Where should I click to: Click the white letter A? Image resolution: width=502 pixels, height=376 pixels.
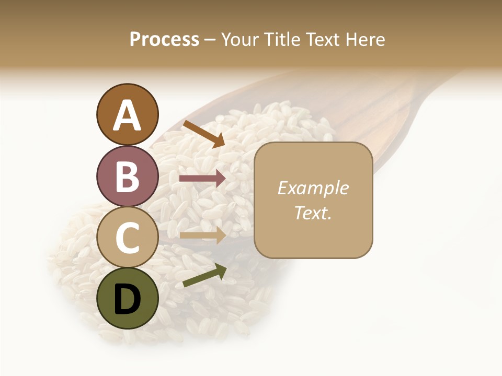point(128,116)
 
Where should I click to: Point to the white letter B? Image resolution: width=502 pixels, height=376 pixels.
point(128,177)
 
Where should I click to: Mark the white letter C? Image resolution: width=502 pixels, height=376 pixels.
point(128,238)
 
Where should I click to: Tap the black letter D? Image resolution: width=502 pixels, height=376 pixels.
point(128,299)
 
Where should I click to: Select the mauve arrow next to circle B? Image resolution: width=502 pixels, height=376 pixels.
point(202,179)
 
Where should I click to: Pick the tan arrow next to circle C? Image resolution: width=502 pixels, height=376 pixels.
point(202,235)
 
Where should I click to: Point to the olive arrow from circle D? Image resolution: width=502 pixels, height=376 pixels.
point(204,275)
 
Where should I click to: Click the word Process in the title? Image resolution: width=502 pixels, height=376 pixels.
point(164,40)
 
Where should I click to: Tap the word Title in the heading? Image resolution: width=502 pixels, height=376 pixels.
point(279,40)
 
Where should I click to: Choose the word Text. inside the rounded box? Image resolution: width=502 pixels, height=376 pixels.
point(313,213)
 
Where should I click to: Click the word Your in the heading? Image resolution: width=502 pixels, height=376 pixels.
point(240,40)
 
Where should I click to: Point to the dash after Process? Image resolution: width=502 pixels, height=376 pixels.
point(210,40)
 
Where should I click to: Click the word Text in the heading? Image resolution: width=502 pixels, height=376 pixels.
point(322,40)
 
